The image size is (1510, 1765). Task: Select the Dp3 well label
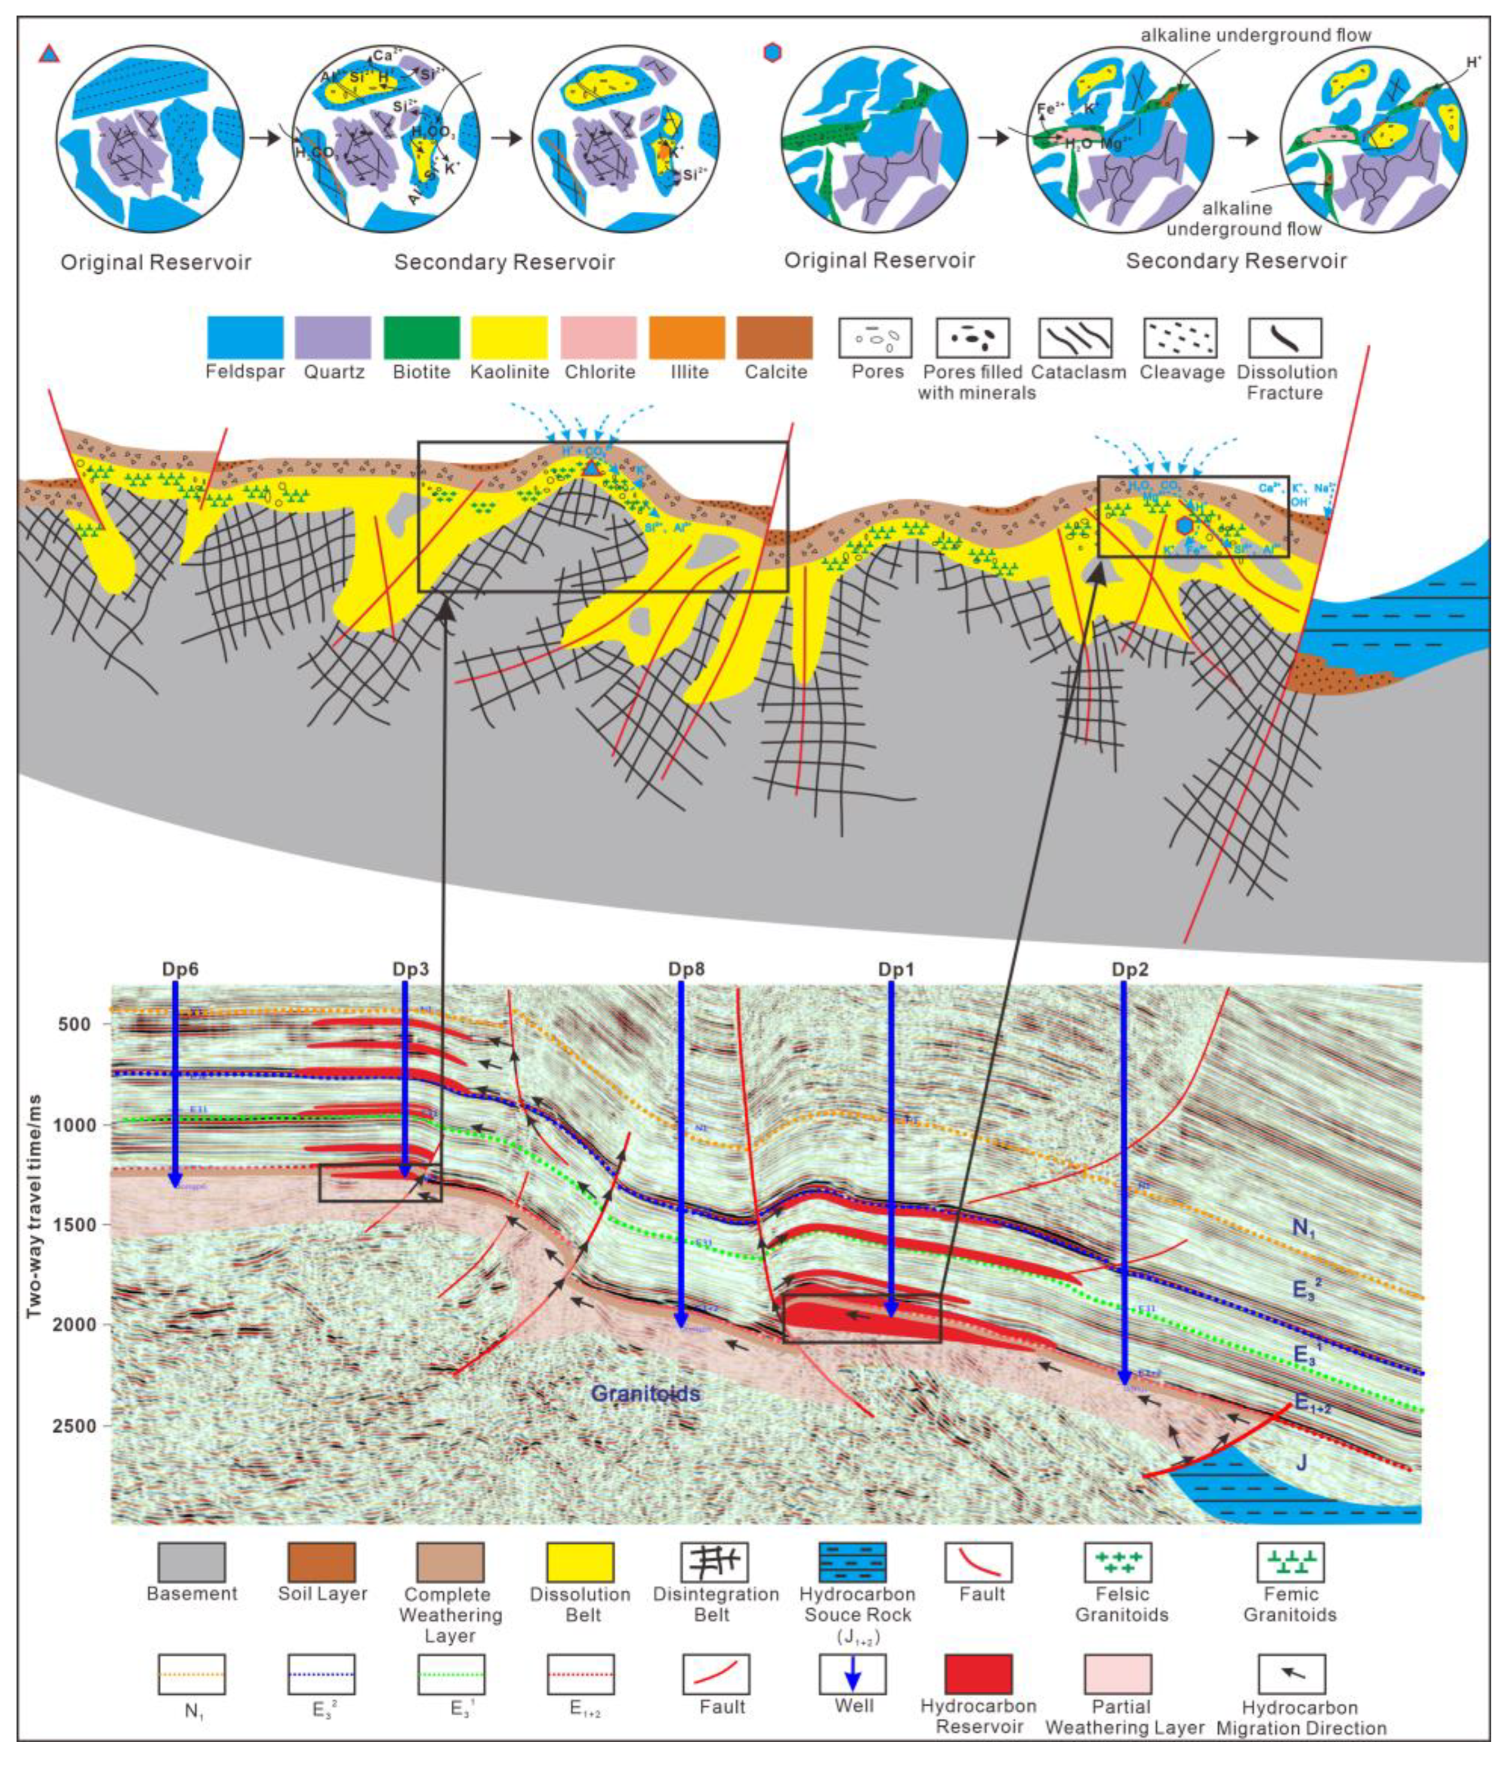point(410,969)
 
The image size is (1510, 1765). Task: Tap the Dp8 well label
point(686,969)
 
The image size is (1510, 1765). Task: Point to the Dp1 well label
point(896,969)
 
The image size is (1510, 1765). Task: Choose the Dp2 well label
point(1129,969)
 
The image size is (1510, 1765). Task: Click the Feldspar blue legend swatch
point(245,338)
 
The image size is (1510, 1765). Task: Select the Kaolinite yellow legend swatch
point(509,338)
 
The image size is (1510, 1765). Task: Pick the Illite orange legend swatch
point(687,338)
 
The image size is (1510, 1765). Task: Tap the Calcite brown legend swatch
point(775,338)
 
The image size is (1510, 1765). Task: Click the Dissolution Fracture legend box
point(1285,338)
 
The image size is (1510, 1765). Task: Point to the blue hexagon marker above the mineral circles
point(773,53)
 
